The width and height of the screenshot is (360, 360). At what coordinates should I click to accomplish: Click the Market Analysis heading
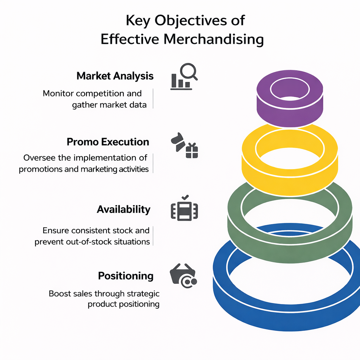(115, 76)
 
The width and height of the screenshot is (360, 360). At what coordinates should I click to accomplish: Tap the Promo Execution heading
(108, 142)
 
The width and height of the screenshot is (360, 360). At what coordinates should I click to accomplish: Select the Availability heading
(123, 210)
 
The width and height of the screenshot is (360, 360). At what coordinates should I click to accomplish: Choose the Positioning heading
(126, 276)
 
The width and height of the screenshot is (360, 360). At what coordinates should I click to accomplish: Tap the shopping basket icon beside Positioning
(183, 275)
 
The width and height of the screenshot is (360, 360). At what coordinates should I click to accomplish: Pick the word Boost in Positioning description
(60, 294)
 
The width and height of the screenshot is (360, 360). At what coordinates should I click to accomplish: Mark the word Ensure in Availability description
(56, 231)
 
